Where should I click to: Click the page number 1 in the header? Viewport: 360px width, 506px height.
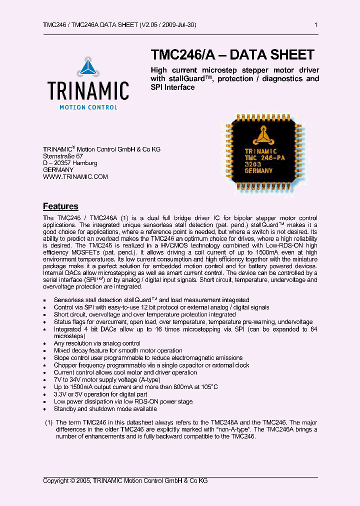315,25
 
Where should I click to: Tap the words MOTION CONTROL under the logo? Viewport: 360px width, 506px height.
88,107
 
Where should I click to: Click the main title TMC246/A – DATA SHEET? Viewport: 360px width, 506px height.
232,54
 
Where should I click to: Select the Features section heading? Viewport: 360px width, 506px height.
60,206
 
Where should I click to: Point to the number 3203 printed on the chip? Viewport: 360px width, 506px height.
252,164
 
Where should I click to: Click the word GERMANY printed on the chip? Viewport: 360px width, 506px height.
258,170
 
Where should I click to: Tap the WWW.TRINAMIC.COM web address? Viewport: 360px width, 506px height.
75,176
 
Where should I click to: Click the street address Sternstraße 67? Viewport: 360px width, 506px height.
63,156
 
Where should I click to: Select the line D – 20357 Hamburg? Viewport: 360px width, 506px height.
70,163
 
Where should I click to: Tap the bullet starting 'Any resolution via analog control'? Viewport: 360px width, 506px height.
97,343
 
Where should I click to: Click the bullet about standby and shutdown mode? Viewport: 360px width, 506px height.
105,408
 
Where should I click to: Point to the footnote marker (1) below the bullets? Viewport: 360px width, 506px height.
49,422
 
